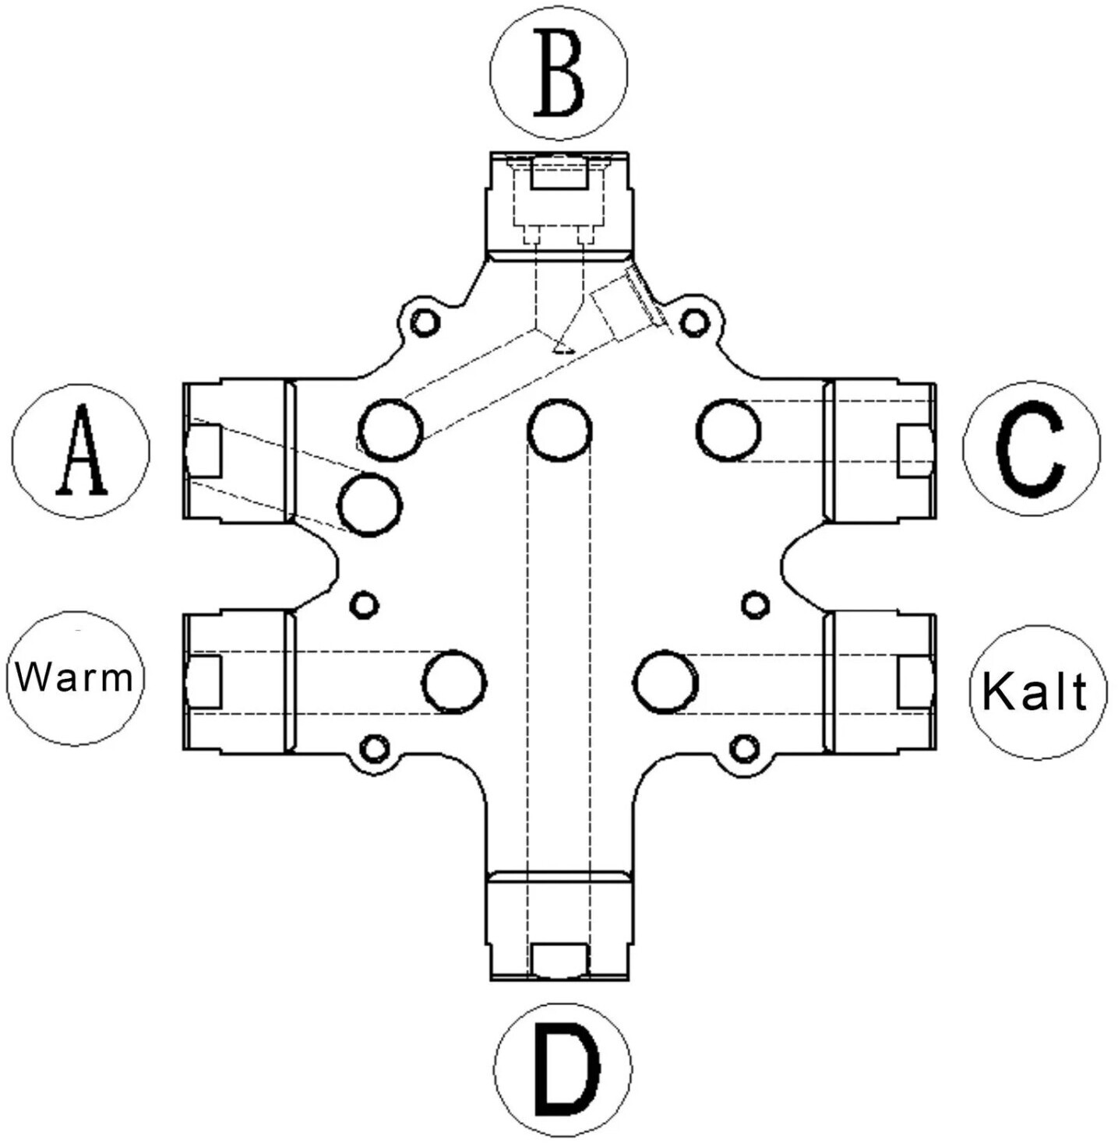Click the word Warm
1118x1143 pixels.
coord(75,678)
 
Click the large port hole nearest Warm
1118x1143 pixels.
coord(454,683)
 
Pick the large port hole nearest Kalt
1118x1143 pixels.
coord(666,683)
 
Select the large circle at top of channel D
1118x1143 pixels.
coord(559,430)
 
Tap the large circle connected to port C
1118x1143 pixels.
coord(728,430)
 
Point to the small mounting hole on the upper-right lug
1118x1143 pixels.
coord(694,322)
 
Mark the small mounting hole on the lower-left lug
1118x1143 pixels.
coord(375,748)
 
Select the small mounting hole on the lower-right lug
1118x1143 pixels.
coord(744,748)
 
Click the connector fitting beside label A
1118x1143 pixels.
coord(238,451)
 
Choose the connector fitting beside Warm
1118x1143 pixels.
coord(238,682)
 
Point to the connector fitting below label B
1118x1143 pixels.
coord(559,206)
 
